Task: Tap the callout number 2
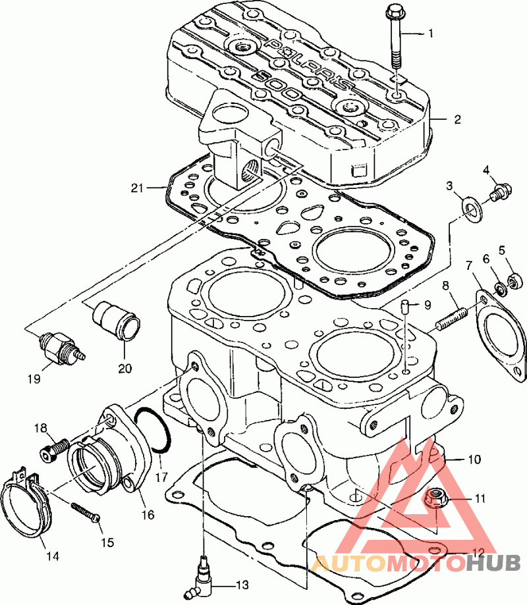(458, 120)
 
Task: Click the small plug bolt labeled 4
(501, 192)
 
